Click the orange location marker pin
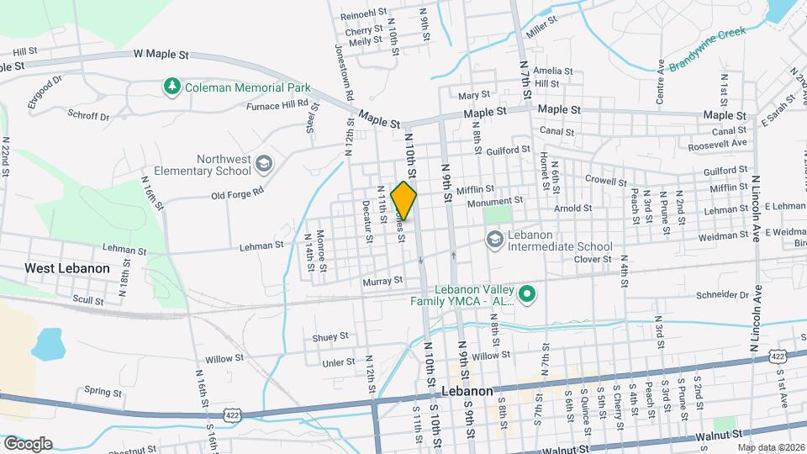pyautogui.click(x=404, y=200)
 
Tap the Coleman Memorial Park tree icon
pyautogui.click(x=172, y=87)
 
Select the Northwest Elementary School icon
pyautogui.click(x=263, y=163)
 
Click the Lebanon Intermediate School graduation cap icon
pyautogui.click(x=494, y=240)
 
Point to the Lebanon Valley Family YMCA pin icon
pyautogui.click(x=527, y=293)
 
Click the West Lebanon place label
pyautogui.click(x=67, y=268)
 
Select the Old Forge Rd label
pyautogui.click(x=238, y=195)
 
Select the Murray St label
pyautogui.click(x=382, y=282)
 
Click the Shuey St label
pyautogui.click(x=330, y=336)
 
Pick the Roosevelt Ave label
pyautogui.click(x=717, y=144)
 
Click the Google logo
pyautogui.click(x=27, y=444)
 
